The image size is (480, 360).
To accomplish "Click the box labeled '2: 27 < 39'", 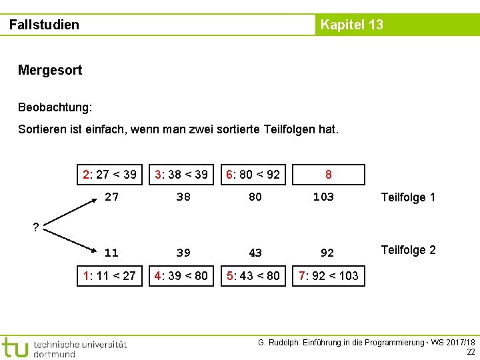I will pos(109,175).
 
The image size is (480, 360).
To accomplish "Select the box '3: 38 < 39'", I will pos(181,175).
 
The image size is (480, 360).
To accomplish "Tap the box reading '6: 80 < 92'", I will pos(253,175).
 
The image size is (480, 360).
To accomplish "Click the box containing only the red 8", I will pos(329,175).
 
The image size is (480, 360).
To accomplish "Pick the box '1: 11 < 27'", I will pos(109,275).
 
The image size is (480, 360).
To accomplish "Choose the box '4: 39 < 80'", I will pos(181,275).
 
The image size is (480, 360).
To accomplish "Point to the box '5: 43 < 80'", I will pos(253,275).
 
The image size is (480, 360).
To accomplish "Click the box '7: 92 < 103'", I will pos(329,275).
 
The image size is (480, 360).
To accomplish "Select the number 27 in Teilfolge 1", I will pos(111,197).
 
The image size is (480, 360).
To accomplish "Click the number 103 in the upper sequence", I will pos(323,197).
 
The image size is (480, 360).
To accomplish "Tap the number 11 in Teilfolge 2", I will pos(111,253).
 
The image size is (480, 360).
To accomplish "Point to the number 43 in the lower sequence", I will pos(255,253).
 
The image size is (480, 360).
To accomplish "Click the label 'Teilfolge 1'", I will pos(408,197).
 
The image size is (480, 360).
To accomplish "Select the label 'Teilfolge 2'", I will pos(408,250).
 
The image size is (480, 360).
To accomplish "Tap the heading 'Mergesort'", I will pos(50,70).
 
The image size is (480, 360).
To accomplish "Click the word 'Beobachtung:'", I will pos(55,107).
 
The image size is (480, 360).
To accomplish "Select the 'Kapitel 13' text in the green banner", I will pos(352,25).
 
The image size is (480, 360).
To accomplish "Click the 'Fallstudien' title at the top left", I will pos(44,25).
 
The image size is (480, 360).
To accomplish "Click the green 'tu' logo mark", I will pos(15,347).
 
